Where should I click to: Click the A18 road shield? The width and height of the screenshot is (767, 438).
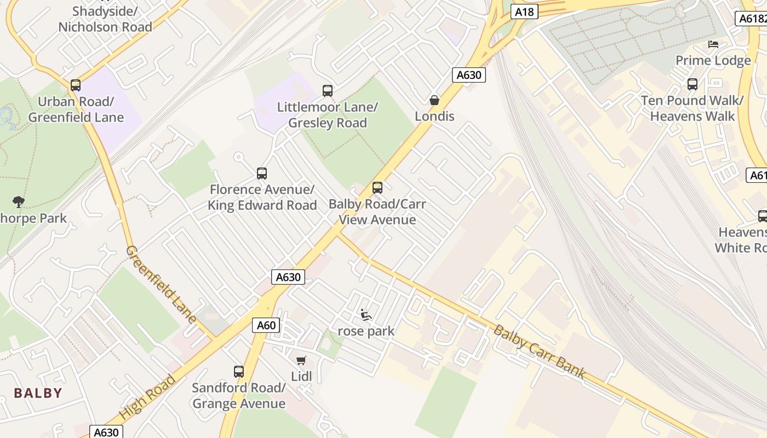[x=524, y=11]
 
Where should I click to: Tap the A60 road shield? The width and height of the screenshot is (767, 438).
[x=266, y=325]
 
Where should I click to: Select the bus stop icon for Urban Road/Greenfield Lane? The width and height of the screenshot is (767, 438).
[x=76, y=85]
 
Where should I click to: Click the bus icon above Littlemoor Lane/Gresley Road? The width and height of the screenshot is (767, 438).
[x=328, y=91]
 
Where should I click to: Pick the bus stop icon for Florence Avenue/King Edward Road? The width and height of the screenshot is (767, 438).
[x=262, y=174]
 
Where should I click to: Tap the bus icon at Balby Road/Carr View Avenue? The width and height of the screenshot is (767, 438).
[x=377, y=188]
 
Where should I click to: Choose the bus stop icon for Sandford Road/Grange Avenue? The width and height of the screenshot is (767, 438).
[x=239, y=372]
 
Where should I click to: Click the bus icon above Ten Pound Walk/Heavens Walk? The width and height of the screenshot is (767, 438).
[x=692, y=84]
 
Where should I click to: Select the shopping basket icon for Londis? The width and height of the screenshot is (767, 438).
[x=434, y=100]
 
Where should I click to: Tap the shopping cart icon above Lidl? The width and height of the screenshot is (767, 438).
[x=301, y=360]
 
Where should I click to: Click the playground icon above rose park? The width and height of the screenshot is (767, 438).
[x=365, y=315]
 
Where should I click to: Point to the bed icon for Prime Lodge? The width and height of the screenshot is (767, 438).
[x=713, y=44]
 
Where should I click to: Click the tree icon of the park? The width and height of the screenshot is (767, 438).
[x=19, y=202]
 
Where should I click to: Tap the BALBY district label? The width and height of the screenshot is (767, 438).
[x=38, y=393]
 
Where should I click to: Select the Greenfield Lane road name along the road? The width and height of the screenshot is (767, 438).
[x=161, y=284]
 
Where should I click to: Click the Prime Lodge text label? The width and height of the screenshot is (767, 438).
[x=713, y=60]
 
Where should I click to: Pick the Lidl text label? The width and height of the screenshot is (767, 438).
[x=301, y=377]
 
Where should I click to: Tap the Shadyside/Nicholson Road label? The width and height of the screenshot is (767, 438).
[x=105, y=19]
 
